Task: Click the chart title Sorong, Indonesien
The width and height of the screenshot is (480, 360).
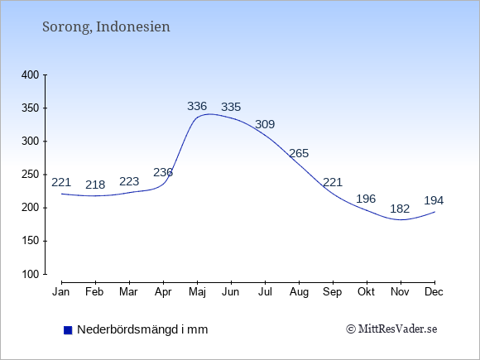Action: pyautogui.click(x=106, y=27)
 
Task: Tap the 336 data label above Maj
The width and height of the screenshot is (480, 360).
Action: pyautogui.click(x=197, y=106)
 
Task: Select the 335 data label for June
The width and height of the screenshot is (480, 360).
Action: pyautogui.click(x=231, y=107)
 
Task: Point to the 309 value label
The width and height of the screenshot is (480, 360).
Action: pyautogui.click(x=265, y=124)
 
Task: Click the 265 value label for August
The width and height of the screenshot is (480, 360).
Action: pyautogui.click(x=299, y=153)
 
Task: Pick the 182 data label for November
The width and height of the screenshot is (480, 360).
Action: pyautogui.click(x=400, y=209)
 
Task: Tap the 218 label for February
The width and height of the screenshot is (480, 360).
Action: pyautogui.click(x=95, y=185)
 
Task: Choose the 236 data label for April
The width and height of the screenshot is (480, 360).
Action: pyautogui.click(x=163, y=173)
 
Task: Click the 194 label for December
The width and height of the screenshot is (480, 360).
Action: pyautogui.click(x=434, y=201)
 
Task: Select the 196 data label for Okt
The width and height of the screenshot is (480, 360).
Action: pyautogui.click(x=366, y=199)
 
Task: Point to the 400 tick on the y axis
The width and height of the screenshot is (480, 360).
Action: pyautogui.click(x=31, y=75)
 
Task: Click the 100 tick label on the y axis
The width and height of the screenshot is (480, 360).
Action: pyautogui.click(x=31, y=274)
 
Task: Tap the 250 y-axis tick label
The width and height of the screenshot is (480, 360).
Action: pyautogui.click(x=31, y=175)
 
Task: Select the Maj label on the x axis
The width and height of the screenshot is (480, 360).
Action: pyautogui.click(x=198, y=292)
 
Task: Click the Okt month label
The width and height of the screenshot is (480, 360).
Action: pyautogui.click(x=366, y=292)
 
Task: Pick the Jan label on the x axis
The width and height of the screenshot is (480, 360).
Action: pyautogui.click(x=61, y=292)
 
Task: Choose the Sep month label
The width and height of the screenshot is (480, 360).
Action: pyautogui.click(x=333, y=292)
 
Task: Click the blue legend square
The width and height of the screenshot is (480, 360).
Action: pyautogui.click(x=68, y=330)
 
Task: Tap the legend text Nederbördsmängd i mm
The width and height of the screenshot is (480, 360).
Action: pyautogui.click(x=142, y=329)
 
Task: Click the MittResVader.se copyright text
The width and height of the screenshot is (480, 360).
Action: pyautogui.click(x=391, y=329)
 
